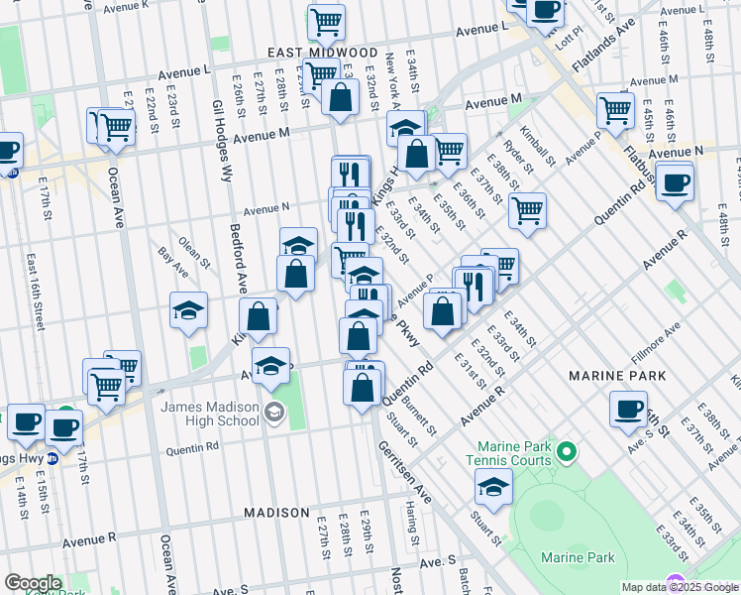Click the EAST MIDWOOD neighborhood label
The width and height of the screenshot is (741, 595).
coord(322,52)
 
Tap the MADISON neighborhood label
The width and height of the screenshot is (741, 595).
coord(277,513)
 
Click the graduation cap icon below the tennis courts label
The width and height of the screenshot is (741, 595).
coord(493,487)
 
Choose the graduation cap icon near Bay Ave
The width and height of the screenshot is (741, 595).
coord(188,310)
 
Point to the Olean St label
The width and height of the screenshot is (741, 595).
coord(194,246)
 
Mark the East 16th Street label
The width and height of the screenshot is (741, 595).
coord(36,287)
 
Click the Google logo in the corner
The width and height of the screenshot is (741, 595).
coord(33,583)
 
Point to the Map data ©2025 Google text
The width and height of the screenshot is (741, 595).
coord(680,587)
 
